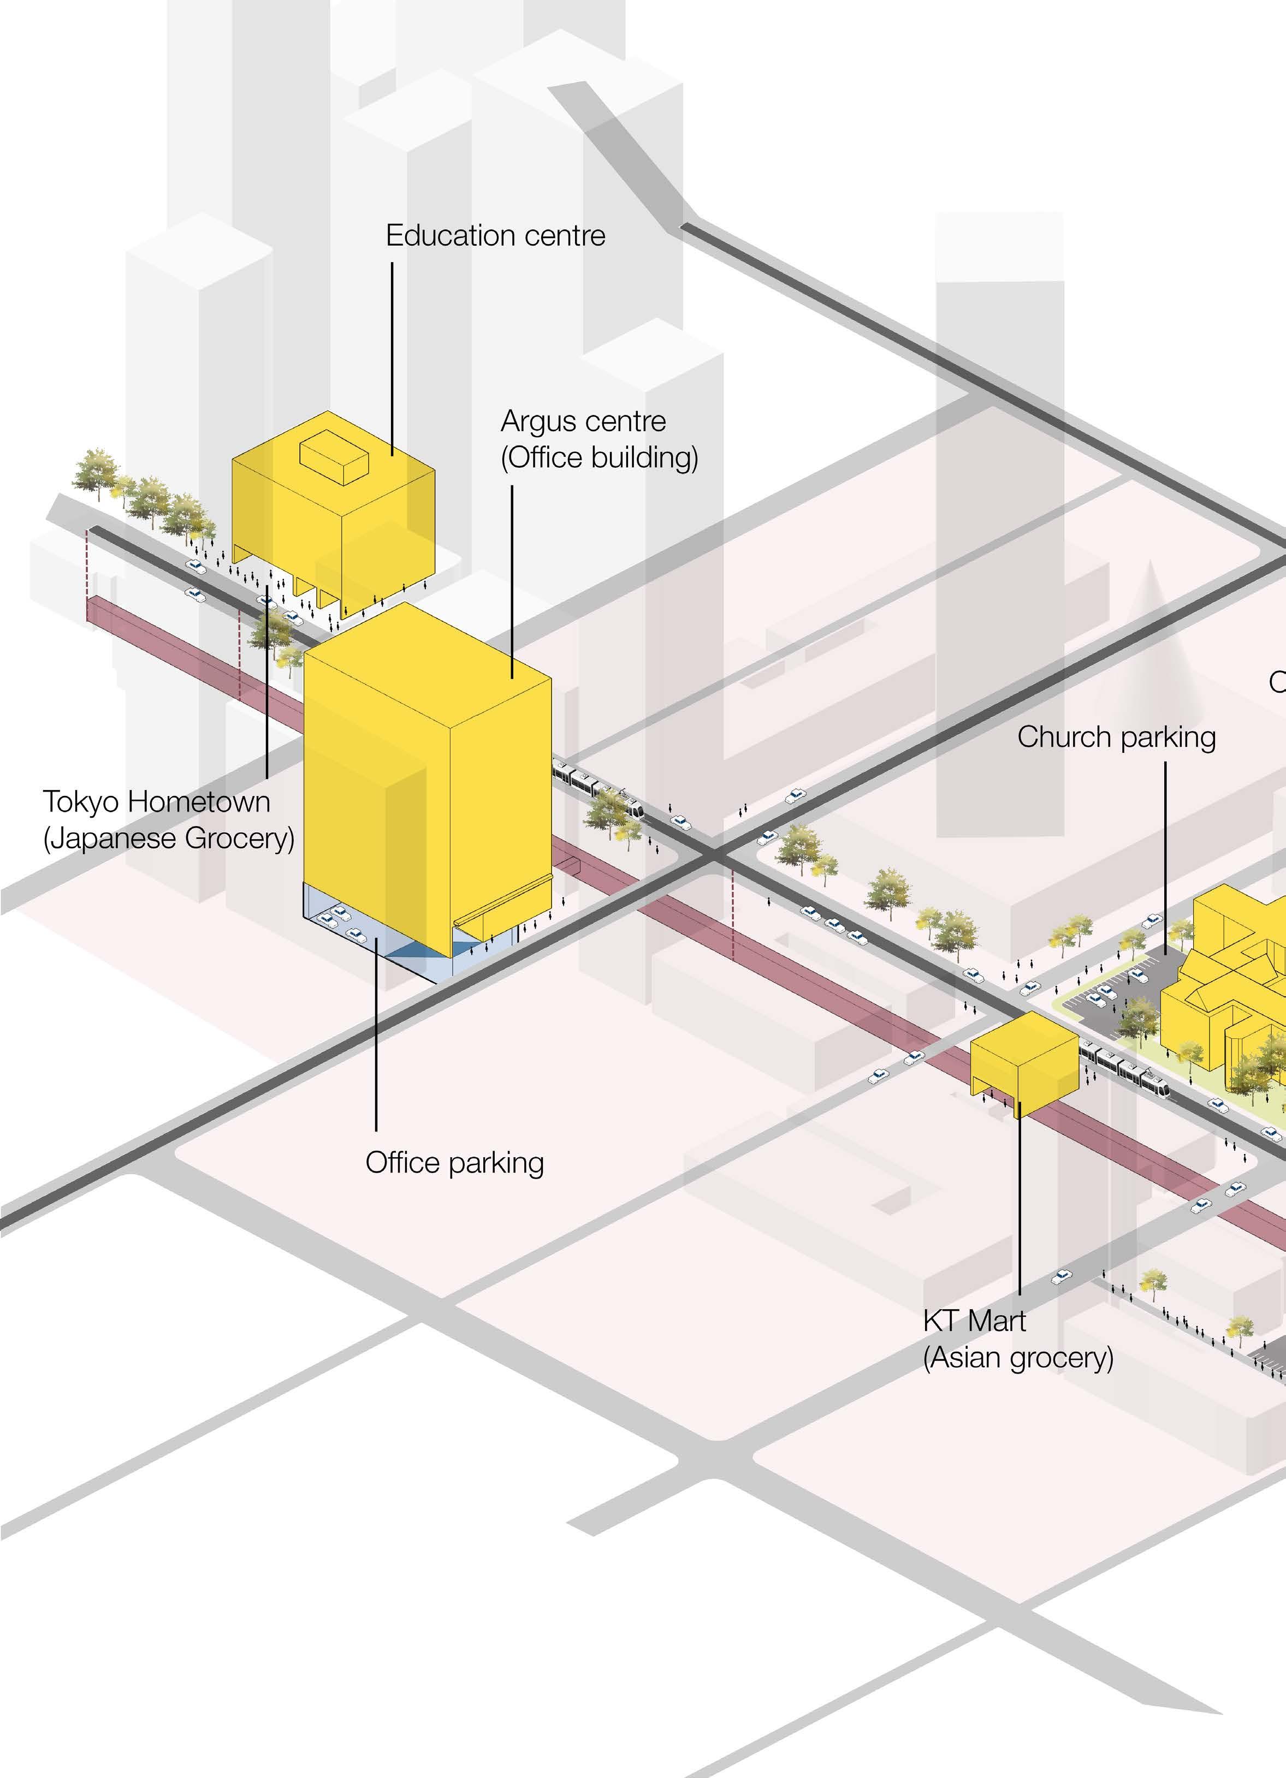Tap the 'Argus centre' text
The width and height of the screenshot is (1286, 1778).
[x=583, y=422]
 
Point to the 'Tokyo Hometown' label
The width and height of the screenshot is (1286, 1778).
[x=156, y=802]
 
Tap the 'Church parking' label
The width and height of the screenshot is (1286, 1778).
[x=1116, y=737]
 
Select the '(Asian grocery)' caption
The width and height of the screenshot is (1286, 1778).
[x=1018, y=1358]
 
